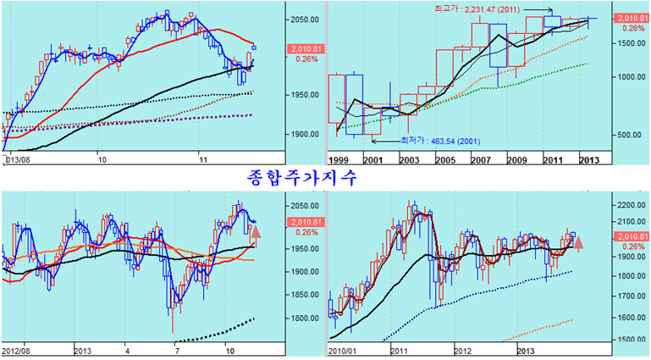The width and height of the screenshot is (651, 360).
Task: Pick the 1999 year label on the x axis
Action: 339,158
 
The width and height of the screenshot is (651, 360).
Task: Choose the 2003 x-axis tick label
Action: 409,158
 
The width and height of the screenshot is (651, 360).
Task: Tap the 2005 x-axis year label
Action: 444,158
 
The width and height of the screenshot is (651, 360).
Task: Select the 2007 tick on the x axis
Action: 480,158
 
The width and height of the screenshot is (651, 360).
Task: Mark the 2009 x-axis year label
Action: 516,158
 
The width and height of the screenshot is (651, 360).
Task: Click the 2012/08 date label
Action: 18,349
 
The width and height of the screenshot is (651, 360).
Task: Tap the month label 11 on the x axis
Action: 201,158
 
